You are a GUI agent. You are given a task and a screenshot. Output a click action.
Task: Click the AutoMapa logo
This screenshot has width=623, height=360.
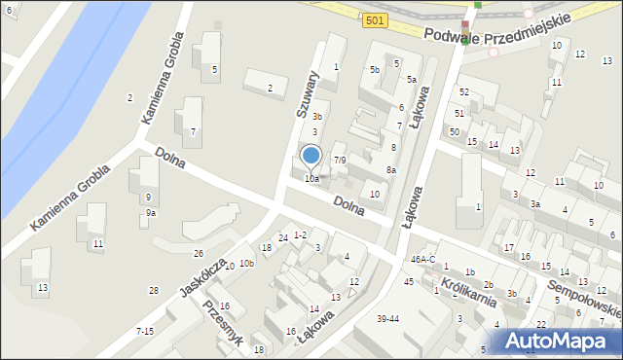(x=560, y=341)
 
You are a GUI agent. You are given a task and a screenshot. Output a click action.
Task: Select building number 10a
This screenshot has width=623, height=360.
(x=311, y=179)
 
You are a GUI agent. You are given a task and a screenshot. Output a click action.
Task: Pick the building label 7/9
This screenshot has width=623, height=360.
(x=339, y=160)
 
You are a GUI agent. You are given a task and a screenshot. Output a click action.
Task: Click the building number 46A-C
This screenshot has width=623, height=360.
(x=423, y=260)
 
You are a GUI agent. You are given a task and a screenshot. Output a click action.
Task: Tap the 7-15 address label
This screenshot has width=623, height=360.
(x=145, y=332)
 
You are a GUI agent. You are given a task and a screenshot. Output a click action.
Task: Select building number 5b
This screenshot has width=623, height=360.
(x=374, y=70)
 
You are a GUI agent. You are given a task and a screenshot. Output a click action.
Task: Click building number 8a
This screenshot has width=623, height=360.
(x=390, y=170)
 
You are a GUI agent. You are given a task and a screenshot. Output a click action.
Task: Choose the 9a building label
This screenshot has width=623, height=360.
(x=150, y=213)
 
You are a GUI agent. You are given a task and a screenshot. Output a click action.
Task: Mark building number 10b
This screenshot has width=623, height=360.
(x=246, y=264)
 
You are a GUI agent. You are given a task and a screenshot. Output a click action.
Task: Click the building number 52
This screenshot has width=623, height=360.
(x=464, y=92)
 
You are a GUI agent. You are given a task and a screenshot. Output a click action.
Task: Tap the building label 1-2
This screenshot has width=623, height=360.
(x=300, y=234)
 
